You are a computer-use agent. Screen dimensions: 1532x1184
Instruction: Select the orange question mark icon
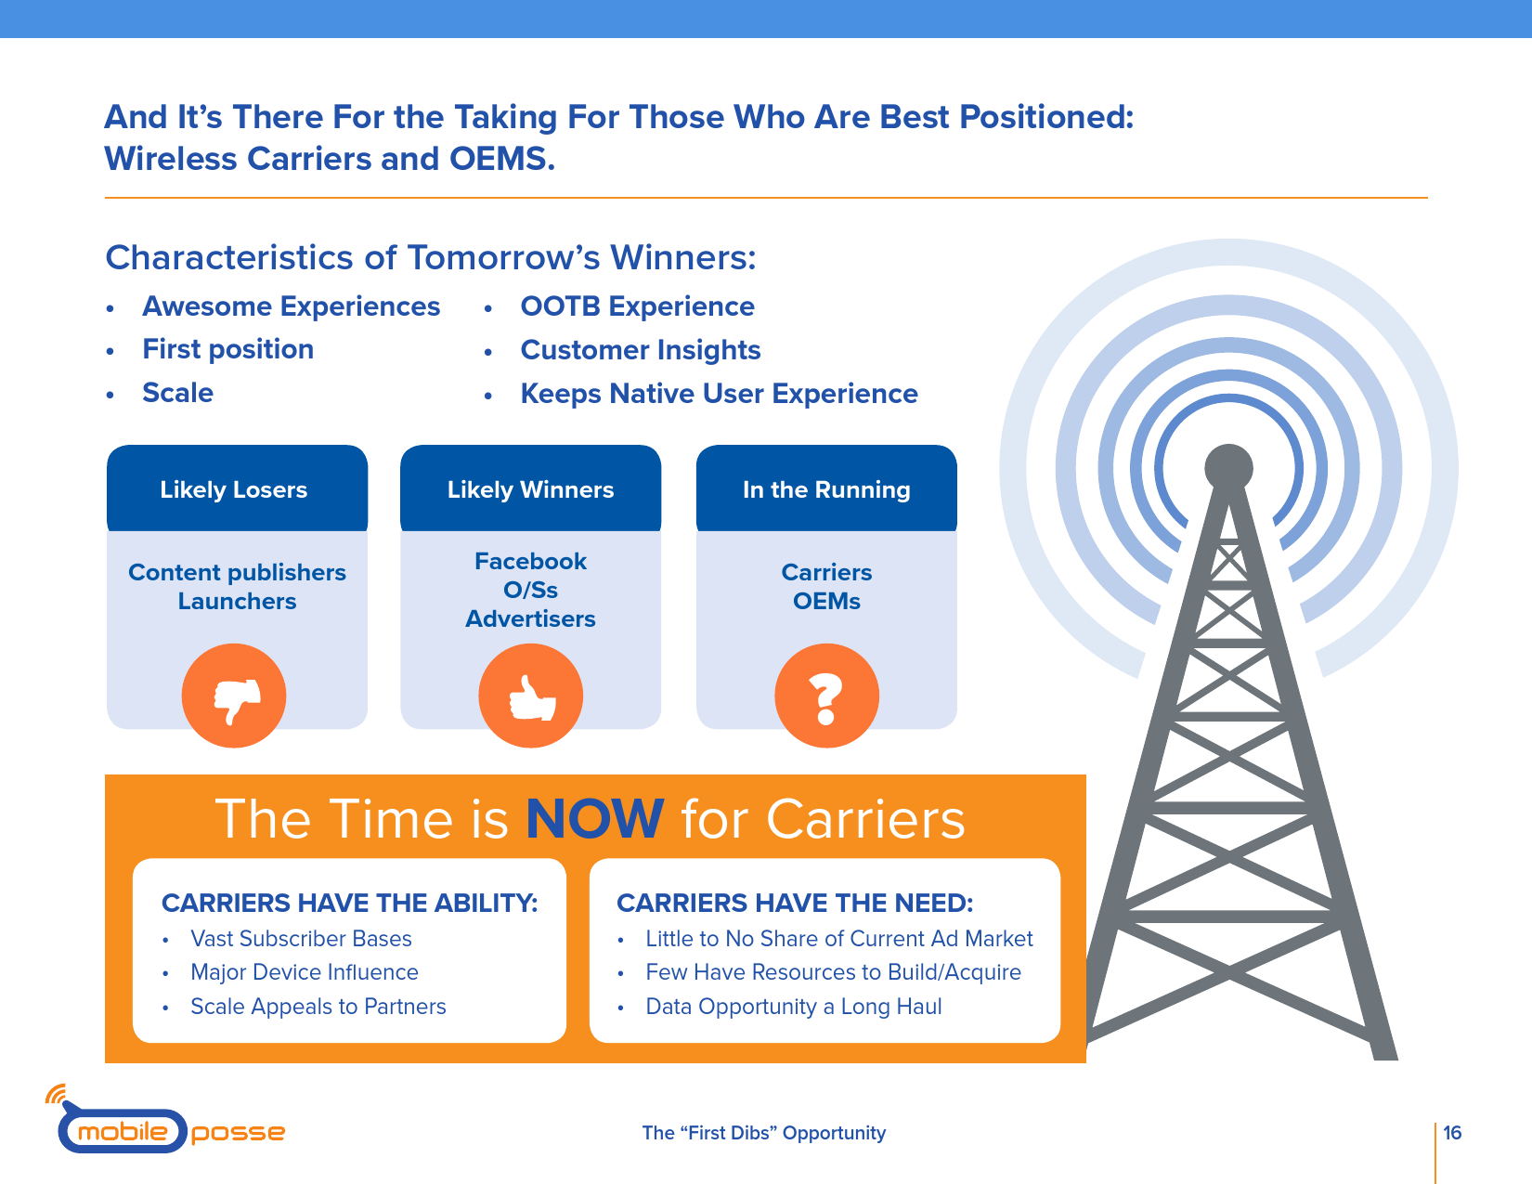[827, 696]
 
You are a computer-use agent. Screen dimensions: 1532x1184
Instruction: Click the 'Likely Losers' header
[233, 489]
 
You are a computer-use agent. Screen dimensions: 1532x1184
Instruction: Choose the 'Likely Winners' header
[531, 489]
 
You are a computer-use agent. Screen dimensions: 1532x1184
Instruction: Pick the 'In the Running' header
[826, 489]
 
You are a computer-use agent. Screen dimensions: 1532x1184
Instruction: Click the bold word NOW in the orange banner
[594, 819]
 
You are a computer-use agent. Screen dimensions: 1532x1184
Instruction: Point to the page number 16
[1452, 1133]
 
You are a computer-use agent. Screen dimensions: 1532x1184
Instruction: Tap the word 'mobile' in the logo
[123, 1132]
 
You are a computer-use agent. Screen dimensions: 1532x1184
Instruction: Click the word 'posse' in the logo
[238, 1134]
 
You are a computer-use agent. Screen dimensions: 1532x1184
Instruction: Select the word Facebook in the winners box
[530, 561]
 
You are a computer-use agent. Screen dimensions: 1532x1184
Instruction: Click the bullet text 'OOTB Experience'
[637, 306]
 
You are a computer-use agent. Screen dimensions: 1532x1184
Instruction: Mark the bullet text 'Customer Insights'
[640, 350]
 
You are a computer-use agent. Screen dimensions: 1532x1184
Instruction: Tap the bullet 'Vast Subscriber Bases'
[301, 939]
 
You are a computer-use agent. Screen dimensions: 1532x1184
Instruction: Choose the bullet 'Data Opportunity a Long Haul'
[793, 1007]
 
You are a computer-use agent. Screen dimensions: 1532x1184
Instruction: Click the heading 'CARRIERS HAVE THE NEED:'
[795, 904]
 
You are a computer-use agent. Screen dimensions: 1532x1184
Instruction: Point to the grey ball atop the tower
[1228, 468]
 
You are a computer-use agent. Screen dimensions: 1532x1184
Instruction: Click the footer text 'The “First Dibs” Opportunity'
[763, 1133]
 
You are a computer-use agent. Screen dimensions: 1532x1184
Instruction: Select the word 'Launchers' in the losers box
[237, 601]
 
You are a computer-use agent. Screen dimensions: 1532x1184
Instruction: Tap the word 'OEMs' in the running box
[826, 601]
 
